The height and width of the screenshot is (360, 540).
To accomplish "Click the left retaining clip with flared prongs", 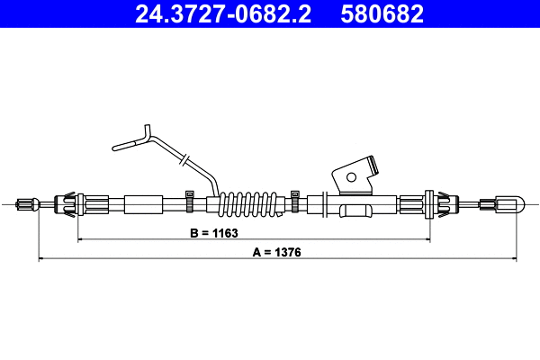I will (68, 204).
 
